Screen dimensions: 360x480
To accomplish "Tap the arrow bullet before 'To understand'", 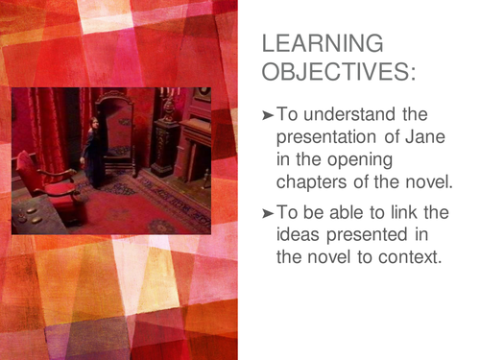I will (268, 114).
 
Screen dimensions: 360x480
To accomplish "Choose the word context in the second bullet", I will (412, 259).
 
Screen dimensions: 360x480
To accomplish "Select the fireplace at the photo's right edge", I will (195, 144).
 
